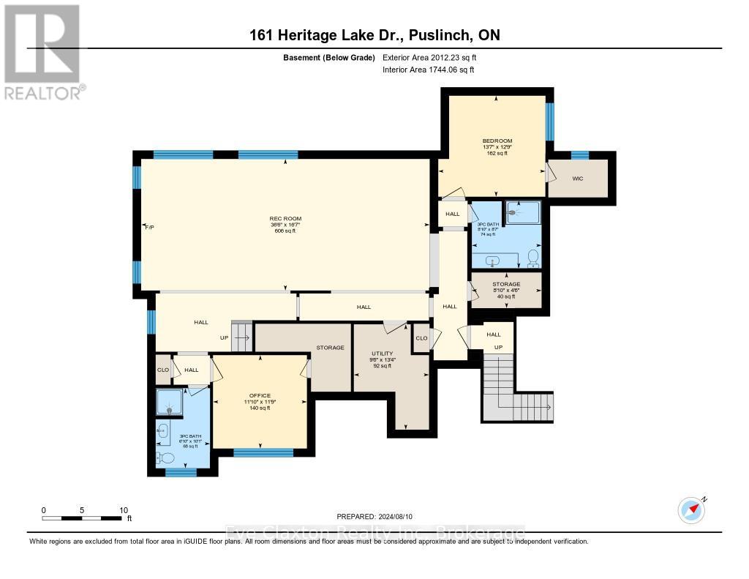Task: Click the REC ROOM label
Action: pos(285,218)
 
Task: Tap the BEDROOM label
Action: pos(497,141)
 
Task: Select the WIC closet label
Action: pos(578,177)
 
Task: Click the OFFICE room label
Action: pos(260,395)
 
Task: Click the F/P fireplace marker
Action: pos(149,228)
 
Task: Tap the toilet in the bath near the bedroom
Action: pos(533,257)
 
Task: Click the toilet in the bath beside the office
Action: pos(166,458)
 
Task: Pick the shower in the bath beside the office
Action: pos(170,403)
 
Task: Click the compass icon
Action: pos(691,509)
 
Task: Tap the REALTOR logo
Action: pos(42,51)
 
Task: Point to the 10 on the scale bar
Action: pos(124,510)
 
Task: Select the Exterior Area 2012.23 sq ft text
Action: pos(431,57)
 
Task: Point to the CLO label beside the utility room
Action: pos(421,338)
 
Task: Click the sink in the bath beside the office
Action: pos(162,430)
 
